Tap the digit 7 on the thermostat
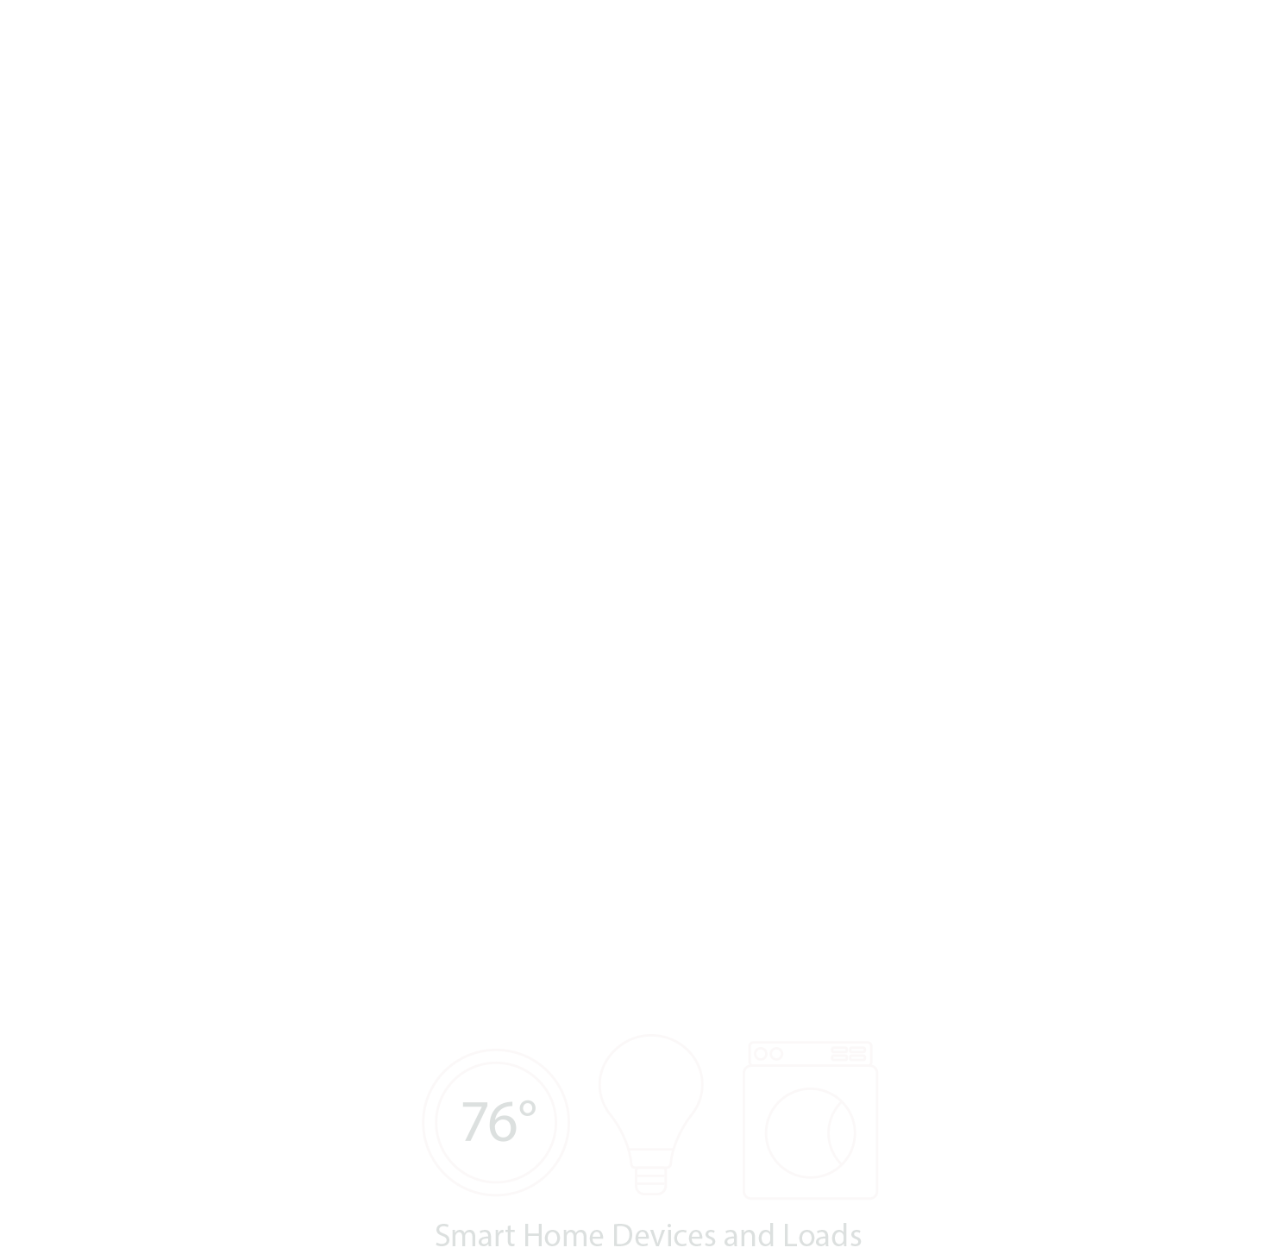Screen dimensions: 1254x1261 click(475, 1122)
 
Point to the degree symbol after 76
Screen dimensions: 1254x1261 click(527, 1109)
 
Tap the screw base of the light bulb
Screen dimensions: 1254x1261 click(651, 1177)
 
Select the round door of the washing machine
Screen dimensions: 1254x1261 click(810, 1132)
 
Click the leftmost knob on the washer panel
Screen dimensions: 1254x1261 click(760, 1054)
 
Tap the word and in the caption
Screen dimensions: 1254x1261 click(749, 1235)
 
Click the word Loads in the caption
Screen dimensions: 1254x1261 click(822, 1235)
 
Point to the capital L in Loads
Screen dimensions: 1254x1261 click(790, 1235)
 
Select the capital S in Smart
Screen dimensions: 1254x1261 click(443, 1235)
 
